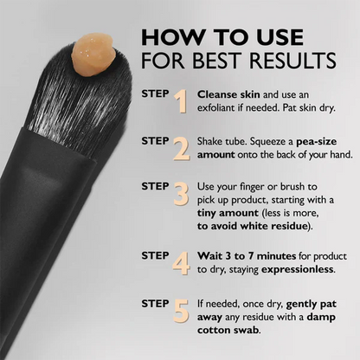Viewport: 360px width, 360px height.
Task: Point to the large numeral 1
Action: click(181, 102)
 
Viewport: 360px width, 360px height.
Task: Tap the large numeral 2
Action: click(181, 150)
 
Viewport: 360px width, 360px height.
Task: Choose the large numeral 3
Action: click(181, 192)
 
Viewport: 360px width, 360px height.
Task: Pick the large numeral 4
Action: click(181, 262)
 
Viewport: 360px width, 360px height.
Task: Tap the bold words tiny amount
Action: click(229, 213)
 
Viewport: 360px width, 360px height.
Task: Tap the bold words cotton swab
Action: click(230, 331)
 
